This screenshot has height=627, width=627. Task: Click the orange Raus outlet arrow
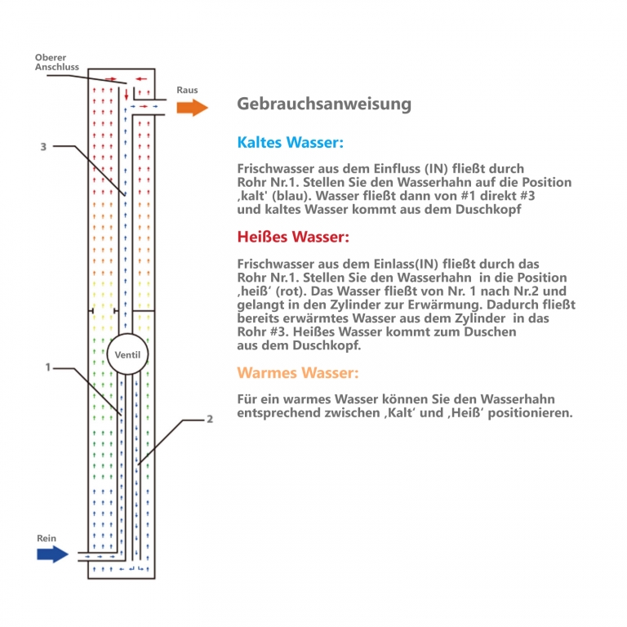coord(193,108)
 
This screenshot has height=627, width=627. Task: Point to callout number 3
coord(43,147)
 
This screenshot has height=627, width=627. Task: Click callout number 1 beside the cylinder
coord(48,368)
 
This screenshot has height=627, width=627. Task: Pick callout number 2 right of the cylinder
coord(210,420)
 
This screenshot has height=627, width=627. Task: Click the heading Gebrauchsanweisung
coord(324,104)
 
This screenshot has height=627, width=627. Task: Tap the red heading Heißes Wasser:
coord(293,238)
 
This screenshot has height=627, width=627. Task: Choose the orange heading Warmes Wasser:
coord(298,373)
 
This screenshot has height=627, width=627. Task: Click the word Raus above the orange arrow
coord(187,90)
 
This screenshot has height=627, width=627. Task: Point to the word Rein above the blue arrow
coord(47,539)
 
